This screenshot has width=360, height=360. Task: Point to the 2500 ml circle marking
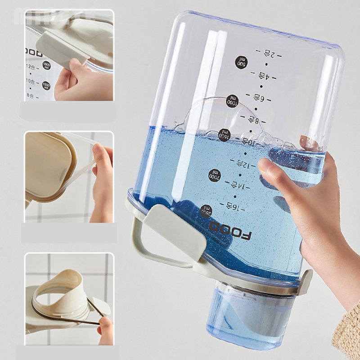pos(206,210)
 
